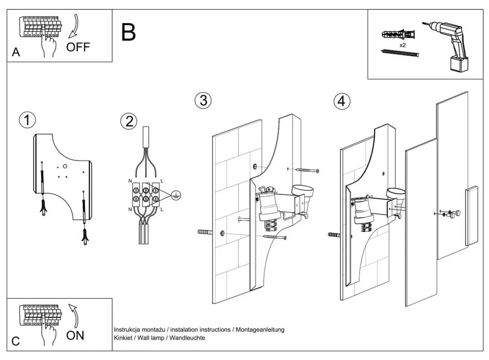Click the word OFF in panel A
[x=78, y=47]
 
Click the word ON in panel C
[x=75, y=336]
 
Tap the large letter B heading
[x=129, y=32]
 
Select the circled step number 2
[x=129, y=121]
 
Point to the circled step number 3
[x=203, y=100]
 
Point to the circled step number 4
[x=340, y=101]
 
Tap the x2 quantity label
[x=403, y=45]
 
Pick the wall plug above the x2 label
[x=397, y=36]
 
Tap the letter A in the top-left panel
[x=16, y=52]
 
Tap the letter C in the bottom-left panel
[x=16, y=341]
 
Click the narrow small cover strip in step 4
[x=471, y=216]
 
